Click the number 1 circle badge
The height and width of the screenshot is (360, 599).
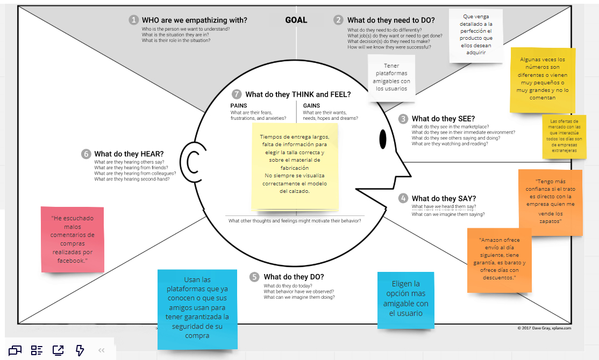[x=134, y=20]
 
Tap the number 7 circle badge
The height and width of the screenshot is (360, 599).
[x=237, y=94]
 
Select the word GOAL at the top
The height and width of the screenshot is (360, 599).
[x=296, y=20]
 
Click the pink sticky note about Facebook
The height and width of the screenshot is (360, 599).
[x=73, y=239]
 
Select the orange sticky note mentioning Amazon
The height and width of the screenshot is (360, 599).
[x=499, y=261]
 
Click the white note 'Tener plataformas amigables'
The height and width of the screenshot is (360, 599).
[x=391, y=77]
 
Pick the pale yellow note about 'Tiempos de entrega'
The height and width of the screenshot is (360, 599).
[x=295, y=167]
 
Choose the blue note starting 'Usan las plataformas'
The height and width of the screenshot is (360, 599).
[x=197, y=308]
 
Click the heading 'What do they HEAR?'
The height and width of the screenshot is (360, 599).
[x=129, y=154]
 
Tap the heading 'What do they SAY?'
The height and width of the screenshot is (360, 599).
[x=444, y=198]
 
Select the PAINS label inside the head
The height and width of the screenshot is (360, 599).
[x=239, y=106]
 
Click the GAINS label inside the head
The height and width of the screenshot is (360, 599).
[x=311, y=106]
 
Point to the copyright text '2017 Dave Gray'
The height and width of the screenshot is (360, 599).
[x=544, y=327]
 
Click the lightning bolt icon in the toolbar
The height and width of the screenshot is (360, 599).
[x=80, y=350]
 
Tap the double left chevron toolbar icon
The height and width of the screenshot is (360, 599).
[x=101, y=350]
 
